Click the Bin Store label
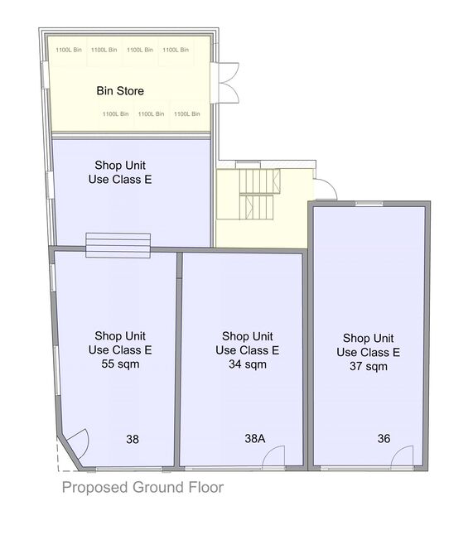pyautogui.click(x=120, y=91)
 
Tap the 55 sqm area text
pyautogui.click(x=120, y=364)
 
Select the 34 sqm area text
pyautogui.click(x=248, y=364)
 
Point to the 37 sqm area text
pyautogui.click(x=369, y=366)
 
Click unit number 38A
pyautogui.click(x=255, y=438)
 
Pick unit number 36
pyautogui.click(x=384, y=438)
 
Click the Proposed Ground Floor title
pyautogui.click(x=142, y=487)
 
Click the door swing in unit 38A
pyautogui.click(x=273, y=456)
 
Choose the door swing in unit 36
pyautogui.click(x=402, y=456)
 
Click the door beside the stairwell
pyautogui.click(x=326, y=189)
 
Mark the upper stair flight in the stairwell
pyautogui.click(x=260, y=181)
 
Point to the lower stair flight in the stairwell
pyautogui.click(x=257, y=207)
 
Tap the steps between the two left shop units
pyautogui.click(x=118, y=245)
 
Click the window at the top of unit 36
pyautogui.click(x=369, y=204)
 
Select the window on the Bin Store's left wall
pyautogui.click(x=45, y=75)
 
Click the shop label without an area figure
pyautogui.click(x=120, y=172)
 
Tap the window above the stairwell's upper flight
pyautogui.click(x=249, y=165)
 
